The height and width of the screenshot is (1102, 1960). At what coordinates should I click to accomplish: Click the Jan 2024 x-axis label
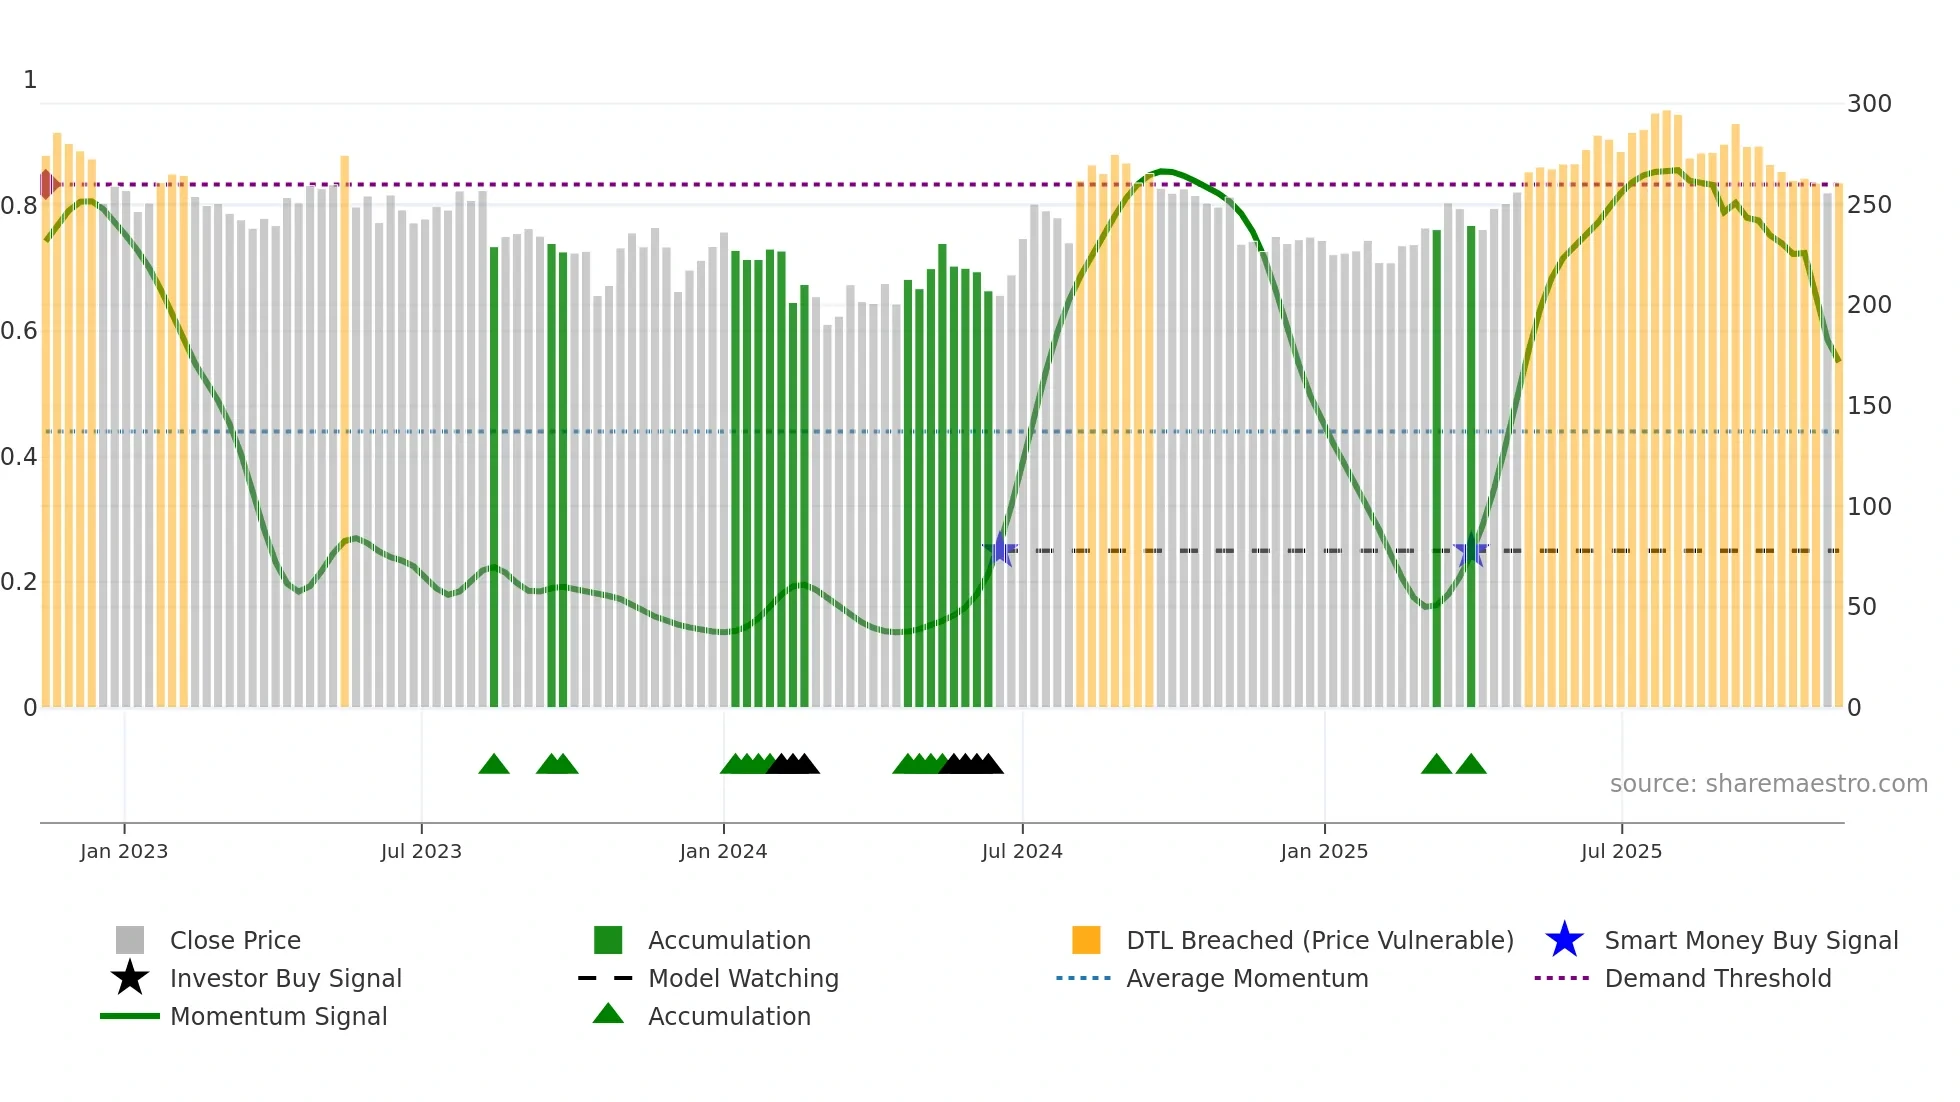[723, 851]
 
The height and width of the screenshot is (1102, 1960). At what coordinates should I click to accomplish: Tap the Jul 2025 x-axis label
[1621, 851]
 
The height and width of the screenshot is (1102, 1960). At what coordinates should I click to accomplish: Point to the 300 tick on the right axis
[1869, 104]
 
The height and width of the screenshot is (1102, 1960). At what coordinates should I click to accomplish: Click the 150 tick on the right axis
[1869, 406]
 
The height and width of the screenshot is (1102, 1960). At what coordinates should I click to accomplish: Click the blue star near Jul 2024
[1000, 549]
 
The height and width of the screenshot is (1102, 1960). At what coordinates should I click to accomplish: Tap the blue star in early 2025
[1471, 550]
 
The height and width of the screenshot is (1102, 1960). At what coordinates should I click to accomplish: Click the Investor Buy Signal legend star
[130, 978]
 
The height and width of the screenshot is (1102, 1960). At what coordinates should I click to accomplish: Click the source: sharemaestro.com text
[1768, 784]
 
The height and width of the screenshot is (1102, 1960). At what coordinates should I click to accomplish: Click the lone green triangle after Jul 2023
[494, 765]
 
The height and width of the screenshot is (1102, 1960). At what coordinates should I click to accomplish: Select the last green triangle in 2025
[1471, 765]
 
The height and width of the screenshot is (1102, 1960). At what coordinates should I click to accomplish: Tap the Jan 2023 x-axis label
[124, 851]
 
